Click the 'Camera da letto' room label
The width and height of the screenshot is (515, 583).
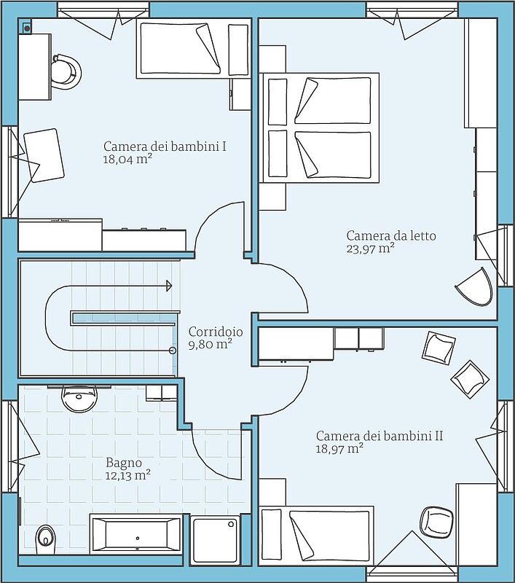(x=391, y=235)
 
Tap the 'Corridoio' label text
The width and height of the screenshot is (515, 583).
(x=216, y=332)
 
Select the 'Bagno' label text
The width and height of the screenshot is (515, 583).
(x=124, y=463)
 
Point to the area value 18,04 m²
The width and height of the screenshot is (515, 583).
(x=127, y=160)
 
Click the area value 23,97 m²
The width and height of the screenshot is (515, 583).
(x=371, y=249)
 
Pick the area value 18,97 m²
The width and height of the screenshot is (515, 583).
(x=339, y=448)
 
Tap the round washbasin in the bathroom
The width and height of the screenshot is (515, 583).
(x=79, y=398)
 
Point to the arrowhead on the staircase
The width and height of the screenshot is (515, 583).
(x=169, y=286)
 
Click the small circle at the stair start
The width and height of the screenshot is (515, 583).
(x=173, y=351)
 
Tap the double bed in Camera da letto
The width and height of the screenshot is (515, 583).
(x=319, y=128)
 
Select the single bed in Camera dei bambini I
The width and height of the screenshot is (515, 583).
(x=194, y=49)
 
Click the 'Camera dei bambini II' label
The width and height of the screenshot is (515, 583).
(x=380, y=435)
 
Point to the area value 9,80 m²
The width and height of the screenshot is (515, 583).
(x=211, y=344)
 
